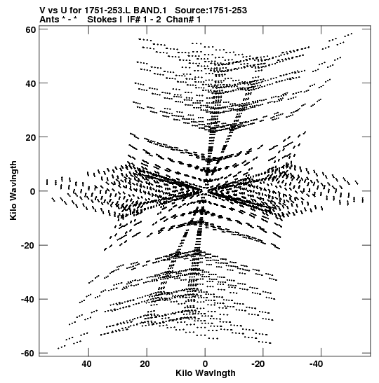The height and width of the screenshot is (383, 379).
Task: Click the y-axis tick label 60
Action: tap(31, 29)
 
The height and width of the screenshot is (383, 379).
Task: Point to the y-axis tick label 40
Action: tap(31, 83)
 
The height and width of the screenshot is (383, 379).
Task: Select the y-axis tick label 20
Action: tap(31, 137)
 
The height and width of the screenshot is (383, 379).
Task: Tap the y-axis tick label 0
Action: tap(33, 191)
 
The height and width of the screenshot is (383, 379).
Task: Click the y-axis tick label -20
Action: tap(28, 245)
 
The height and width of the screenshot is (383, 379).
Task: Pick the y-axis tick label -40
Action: tap(28, 299)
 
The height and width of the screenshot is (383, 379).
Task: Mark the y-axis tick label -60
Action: tap(28, 353)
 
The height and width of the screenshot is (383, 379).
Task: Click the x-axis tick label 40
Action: tap(86, 364)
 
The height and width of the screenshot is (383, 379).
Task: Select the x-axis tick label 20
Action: tap(145, 364)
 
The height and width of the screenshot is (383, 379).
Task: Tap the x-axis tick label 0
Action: tap(205, 364)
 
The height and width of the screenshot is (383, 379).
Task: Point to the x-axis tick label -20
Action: tap(258, 364)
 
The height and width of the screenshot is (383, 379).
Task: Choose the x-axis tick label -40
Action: tap(316, 364)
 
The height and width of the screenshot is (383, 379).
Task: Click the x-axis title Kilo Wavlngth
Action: tap(206, 373)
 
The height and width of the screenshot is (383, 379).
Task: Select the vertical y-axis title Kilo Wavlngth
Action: tap(13, 190)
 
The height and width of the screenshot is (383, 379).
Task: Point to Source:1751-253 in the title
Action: tap(211, 11)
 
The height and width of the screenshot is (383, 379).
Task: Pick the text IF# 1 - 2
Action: tap(144, 20)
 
